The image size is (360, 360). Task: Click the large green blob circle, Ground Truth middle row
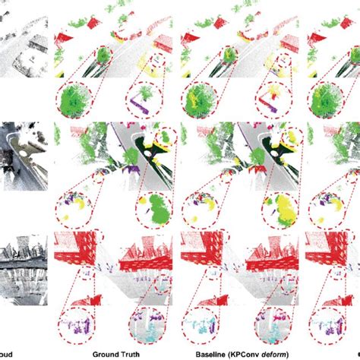[x=156, y=205]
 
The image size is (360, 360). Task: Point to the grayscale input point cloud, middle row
[x=23, y=156]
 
